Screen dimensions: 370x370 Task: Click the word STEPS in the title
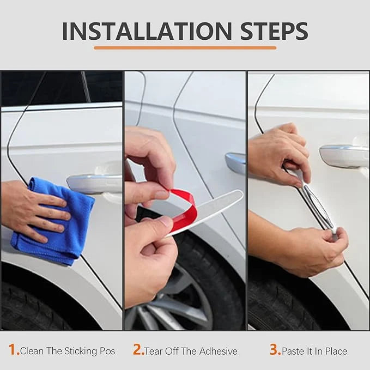click(274, 31)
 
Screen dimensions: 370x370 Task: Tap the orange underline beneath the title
click(185, 48)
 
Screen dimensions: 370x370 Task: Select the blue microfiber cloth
click(53, 221)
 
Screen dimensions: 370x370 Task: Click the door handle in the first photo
click(94, 184)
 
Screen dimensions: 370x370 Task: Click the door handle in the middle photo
click(235, 163)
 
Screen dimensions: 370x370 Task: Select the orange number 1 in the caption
click(13, 349)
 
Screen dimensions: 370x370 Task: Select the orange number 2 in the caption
click(138, 349)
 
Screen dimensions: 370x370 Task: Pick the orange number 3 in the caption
click(275, 349)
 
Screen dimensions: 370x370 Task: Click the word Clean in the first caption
click(32, 351)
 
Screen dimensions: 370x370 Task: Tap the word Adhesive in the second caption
click(219, 351)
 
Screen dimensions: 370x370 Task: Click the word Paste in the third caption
click(293, 351)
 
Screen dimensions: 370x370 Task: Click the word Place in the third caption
click(336, 351)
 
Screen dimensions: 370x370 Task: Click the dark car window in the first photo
click(62, 87)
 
